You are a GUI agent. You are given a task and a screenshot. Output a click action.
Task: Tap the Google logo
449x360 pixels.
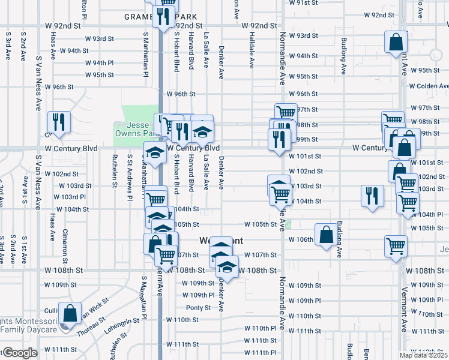coord(19,353)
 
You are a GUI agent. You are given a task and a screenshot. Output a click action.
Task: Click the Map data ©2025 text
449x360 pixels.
coord(424,355)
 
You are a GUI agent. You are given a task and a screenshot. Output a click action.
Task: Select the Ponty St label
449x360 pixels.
coord(198,308)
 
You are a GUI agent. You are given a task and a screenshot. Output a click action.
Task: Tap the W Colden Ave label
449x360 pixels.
coord(429,86)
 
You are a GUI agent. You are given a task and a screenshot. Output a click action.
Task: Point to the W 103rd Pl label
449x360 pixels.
coord(70,197)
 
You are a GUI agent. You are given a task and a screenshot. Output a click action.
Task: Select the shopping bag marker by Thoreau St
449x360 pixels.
coord(70,314)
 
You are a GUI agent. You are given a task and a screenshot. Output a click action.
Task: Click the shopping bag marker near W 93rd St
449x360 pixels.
coord(396,43)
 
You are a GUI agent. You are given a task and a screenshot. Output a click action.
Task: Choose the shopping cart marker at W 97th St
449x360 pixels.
coord(286,113)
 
